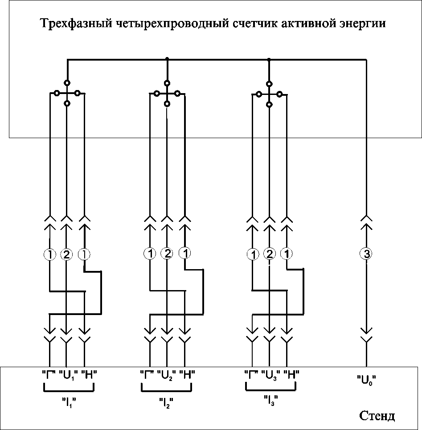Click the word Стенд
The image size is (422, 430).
click(x=377, y=416)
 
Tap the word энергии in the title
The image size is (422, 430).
click(x=365, y=23)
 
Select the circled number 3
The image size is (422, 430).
click(x=366, y=254)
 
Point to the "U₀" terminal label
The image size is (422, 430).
click(x=366, y=379)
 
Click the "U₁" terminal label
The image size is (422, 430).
click(x=68, y=373)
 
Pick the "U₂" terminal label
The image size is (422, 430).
click(x=167, y=373)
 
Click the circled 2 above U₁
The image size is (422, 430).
click(x=66, y=254)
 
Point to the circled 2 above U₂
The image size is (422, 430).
click(x=167, y=254)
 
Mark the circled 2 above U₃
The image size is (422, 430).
click(x=269, y=254)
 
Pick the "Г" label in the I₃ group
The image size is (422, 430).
click(x=251, y=373)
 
